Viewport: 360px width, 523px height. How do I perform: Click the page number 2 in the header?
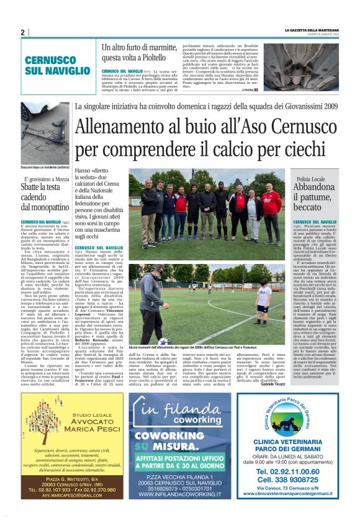pyautogui.click(x=22, y=32)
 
